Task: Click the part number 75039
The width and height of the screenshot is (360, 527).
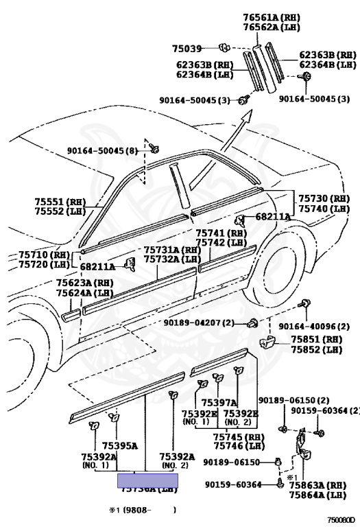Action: click(x=187, y=48)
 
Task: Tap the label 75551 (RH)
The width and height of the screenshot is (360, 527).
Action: click(x=58, y=202)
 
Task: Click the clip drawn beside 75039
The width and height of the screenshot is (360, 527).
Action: click(x=224, y=47)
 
